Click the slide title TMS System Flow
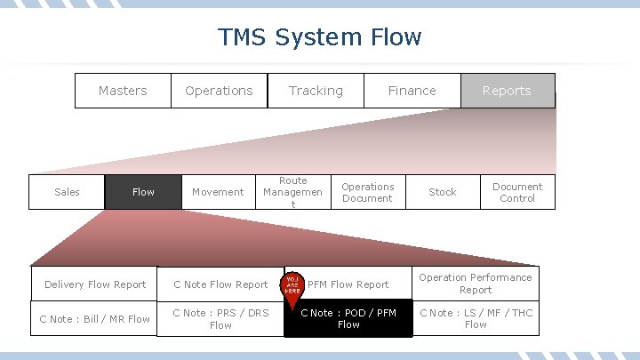[320, 37]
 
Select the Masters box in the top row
[123, 91]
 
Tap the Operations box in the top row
[219, 91]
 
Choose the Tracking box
[316, 91]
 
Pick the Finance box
[412, 91]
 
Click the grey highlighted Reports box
[507, 91]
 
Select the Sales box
[67, 192]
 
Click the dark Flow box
[143, 192]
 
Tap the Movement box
[218, 192]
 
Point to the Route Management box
[292, 192]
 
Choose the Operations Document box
[367, 192]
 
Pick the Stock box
[442, 192]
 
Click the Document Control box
[517, 192]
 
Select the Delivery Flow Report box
[95, 284]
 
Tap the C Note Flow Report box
[220, 284]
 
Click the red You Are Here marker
[292, 284]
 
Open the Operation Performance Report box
[476, 284]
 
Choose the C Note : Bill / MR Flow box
[95, 319]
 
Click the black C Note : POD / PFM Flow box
[348, 318]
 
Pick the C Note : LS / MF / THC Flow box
[476, 318]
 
